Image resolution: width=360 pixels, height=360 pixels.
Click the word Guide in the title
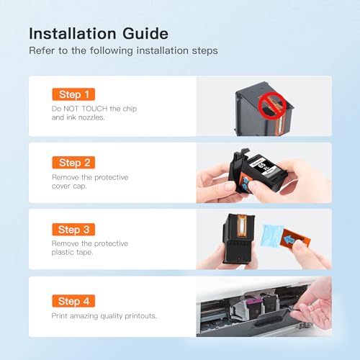click(145, 33)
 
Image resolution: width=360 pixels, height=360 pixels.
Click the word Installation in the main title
click(73, 33)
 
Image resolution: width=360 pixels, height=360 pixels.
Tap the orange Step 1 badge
click(73, 94)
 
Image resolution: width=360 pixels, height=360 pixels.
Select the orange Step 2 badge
click(73, 163)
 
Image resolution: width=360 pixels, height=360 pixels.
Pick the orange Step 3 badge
click(73, 230)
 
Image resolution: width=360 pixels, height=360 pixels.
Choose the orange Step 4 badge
click(73, 301)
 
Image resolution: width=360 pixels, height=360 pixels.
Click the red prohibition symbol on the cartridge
click(272, 105)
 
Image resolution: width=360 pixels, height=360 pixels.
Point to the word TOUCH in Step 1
click(94, 109)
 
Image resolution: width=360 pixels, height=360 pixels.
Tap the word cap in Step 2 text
click(81, 186)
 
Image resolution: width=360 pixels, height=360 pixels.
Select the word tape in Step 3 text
click(85, 252)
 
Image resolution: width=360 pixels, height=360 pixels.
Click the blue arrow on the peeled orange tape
click(289, 239)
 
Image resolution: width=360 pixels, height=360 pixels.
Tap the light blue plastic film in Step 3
click(272, 235)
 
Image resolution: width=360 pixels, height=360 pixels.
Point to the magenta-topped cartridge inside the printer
click(253, 306)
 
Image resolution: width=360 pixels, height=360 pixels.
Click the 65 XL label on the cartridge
click(263, 166)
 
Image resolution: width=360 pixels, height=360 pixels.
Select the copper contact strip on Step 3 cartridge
click(242, 226)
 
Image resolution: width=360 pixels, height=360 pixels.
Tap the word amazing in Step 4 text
click(84, 316)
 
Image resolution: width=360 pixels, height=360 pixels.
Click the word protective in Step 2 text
click(112, 178)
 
